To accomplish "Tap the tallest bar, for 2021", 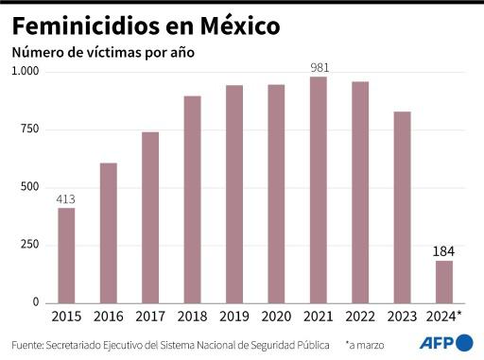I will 318,189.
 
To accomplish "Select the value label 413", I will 66,198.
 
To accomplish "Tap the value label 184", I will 443,251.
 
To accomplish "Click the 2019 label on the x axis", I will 233,316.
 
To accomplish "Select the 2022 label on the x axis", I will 359,316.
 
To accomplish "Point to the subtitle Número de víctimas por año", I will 102,53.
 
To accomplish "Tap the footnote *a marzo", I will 371,344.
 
